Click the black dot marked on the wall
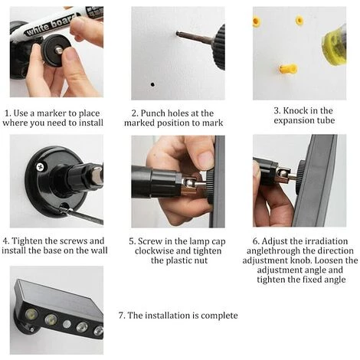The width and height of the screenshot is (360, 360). [152, 84]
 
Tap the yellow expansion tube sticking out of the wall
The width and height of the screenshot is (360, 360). [288, 68]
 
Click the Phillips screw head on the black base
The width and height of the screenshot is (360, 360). [40, 167]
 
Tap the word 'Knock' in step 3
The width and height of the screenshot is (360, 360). [295, 110]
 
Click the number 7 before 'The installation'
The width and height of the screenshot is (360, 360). [122, 316]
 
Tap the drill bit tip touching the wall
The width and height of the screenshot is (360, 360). [178, 33]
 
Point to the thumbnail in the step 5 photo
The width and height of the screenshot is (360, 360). [205, 160]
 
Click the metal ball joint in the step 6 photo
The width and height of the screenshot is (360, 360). [283, 174]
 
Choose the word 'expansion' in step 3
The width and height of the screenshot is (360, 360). [293, 120]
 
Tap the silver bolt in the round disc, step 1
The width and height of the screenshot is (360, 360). [59, 50]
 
